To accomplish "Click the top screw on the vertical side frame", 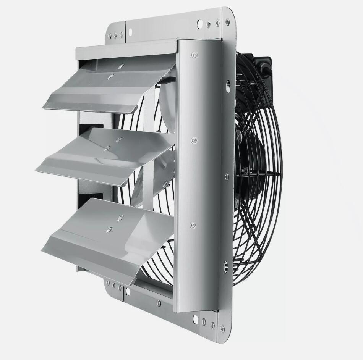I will [195, 55].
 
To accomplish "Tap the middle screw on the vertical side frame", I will [194, 140].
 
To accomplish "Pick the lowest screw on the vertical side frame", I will [193, 225].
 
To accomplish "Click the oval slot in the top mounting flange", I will [130, 31].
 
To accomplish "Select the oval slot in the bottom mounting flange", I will [128, 292].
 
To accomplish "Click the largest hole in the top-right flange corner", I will [199, 24].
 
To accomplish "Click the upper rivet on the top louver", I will [122, 66].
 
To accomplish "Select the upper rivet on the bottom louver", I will [120, 218].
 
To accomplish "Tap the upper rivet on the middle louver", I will [119, 140].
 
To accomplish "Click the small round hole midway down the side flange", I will [227, 176].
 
